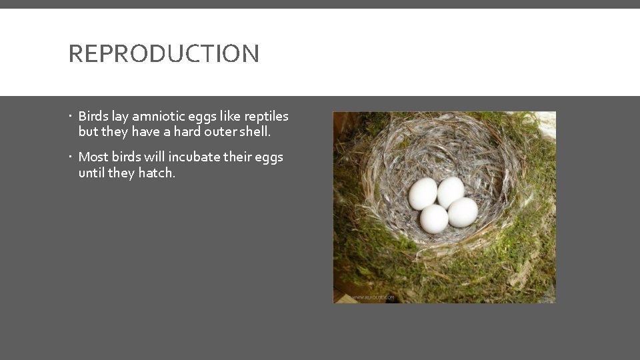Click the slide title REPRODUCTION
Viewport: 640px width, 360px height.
tap(163, 53)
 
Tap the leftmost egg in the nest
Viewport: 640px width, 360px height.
tap(423, 193)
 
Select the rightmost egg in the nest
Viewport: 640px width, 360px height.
tap(463, 212)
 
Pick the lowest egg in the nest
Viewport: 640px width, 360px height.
tap(434, 219)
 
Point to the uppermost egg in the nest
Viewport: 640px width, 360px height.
tap(451, 191)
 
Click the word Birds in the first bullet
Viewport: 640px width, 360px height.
tap(93, 116)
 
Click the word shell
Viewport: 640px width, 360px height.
tap(255, 131)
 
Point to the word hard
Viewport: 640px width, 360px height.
tap(187, 131)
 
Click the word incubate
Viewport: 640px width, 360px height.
tap(193, 157)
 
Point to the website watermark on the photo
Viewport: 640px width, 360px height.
tap(373, 297)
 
